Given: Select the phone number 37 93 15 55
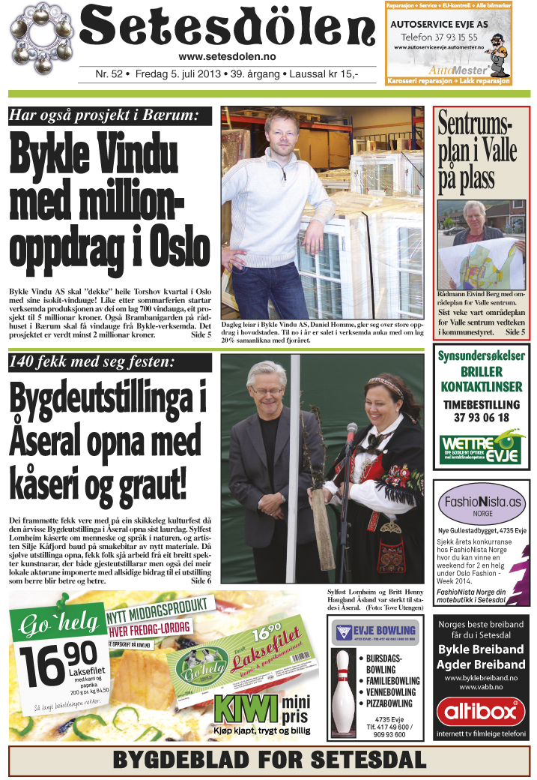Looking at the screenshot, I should [449, 37].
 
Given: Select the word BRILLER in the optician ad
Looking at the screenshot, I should [482, 372].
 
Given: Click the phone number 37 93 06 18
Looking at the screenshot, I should [482, 418].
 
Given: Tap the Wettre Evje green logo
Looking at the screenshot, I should [482, 448].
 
